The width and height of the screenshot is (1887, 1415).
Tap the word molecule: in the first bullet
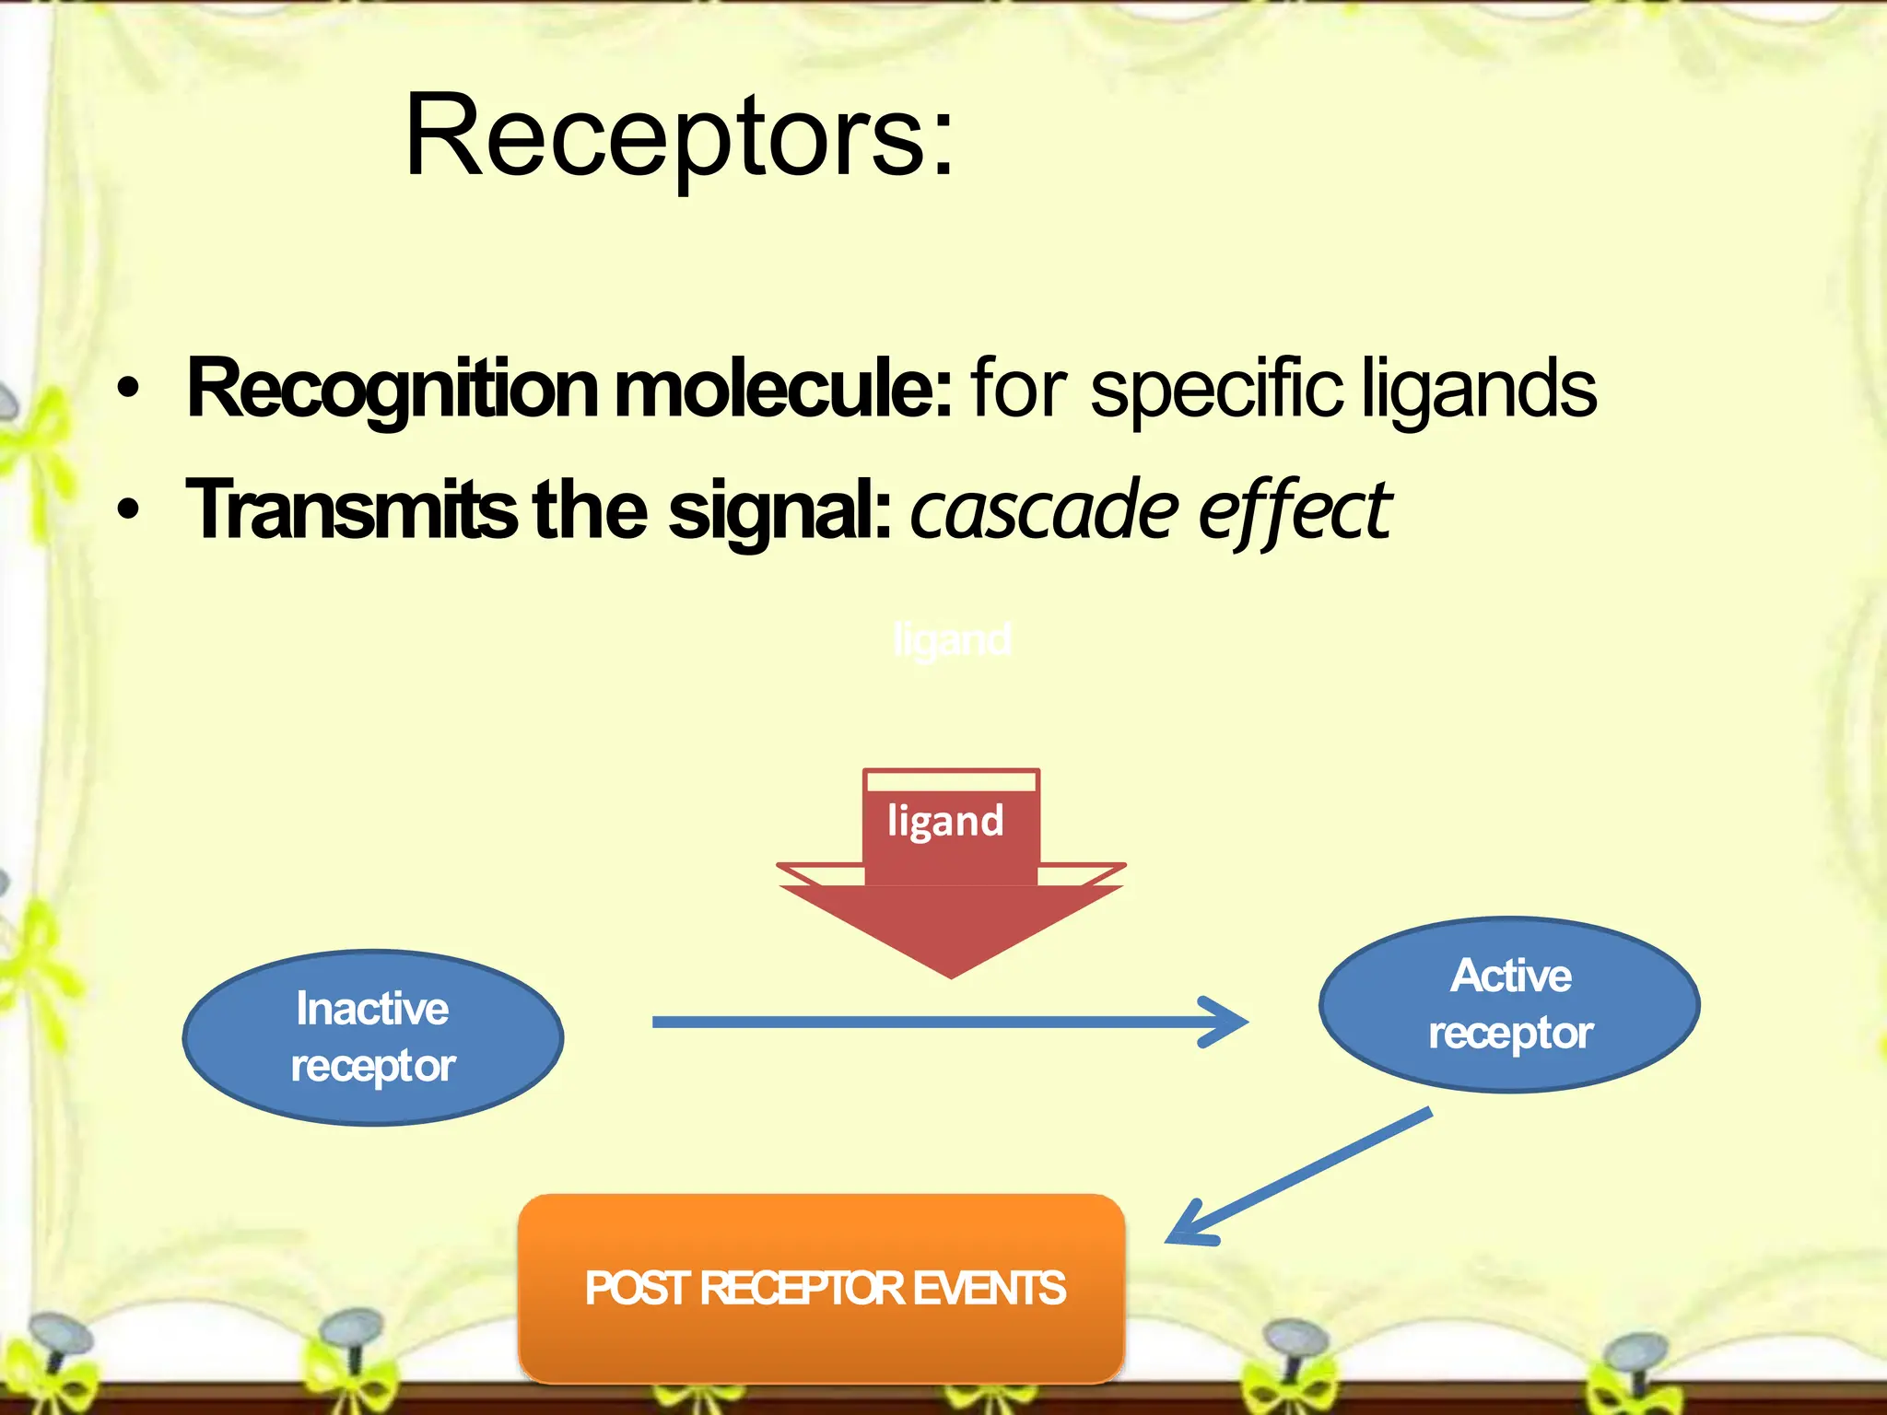[x=783, y=389]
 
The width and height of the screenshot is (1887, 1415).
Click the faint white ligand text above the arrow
[x=952, y=639]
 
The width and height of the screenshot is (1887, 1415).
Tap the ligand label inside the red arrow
[x=945, y=821]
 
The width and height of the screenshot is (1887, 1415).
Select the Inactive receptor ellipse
[x=373, y=1037]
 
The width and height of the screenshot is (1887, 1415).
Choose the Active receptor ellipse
[x=1509, y=1004]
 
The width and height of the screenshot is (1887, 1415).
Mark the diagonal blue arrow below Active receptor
[x=1299, y=1175]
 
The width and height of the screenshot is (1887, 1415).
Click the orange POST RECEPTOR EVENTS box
[x=822, y=1288]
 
